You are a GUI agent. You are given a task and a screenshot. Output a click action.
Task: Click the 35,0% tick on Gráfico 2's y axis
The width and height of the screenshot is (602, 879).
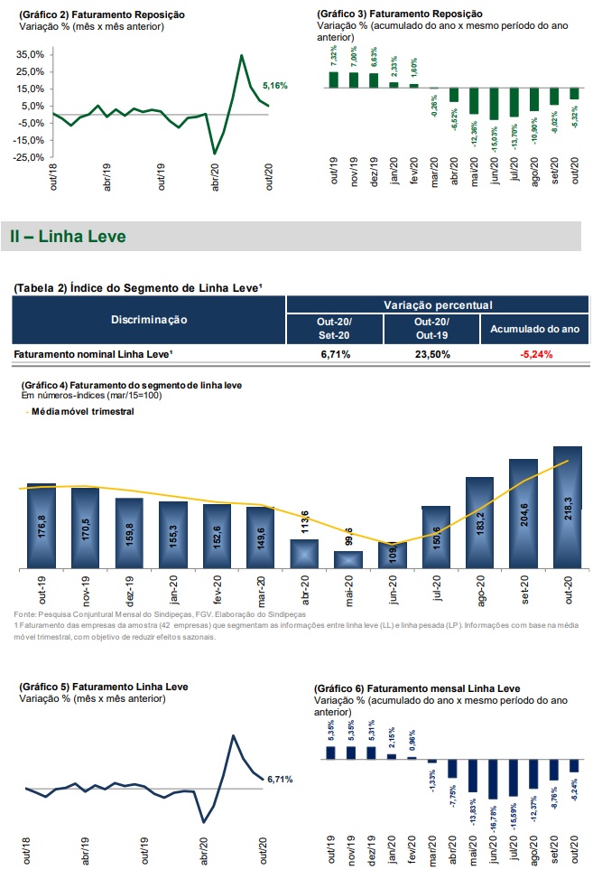point(31,55)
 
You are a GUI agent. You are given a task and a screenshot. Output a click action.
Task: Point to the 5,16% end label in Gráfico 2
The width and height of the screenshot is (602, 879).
point(274,86)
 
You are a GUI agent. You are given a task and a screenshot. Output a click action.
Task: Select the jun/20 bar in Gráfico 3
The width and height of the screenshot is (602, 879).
point(493,105)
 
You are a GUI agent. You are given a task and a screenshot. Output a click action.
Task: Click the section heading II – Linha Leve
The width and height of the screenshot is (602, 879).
point(68,237)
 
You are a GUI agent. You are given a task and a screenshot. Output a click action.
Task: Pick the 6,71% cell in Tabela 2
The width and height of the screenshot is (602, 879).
point(335,355)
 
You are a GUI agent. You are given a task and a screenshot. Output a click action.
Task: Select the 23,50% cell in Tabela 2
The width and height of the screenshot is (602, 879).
point(432,355)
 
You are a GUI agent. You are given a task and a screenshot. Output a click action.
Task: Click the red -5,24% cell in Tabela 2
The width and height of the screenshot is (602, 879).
point(535,355)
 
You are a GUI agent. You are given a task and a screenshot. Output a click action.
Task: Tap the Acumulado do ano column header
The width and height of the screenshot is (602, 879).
point(535,329)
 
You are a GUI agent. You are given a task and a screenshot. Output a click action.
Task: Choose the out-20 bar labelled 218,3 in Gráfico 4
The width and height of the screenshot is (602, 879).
point(567,508)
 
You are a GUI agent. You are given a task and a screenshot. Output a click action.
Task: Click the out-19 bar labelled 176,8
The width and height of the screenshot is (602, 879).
point(42,527)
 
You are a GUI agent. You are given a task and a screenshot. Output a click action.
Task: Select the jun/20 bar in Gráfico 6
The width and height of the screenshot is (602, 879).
point(493,780)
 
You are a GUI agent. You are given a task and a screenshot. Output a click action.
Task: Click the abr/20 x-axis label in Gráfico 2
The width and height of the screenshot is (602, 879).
point(215,173)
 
